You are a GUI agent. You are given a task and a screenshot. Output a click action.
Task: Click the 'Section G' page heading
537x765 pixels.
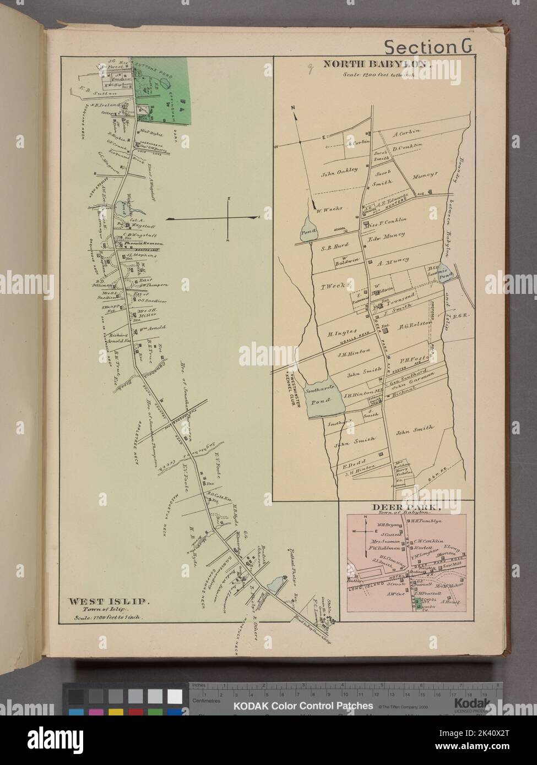coord(427,47)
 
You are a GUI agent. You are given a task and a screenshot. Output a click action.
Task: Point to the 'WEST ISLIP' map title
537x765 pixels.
coord(93,600)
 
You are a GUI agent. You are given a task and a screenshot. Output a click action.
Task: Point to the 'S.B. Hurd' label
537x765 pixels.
coord(333,247)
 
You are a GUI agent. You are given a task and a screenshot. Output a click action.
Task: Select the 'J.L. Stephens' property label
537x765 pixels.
coord(142,255)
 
